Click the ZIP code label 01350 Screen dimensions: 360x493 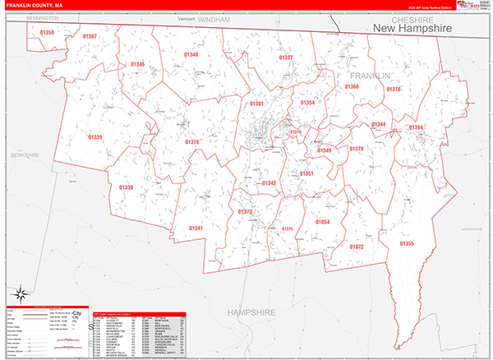tap(47, 32)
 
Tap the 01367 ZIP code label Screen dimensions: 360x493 tap(90, 36)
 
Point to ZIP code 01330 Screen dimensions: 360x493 tap(126, 187)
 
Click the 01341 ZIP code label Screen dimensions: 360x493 tap(196, 228)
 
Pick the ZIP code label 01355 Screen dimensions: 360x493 tap(408, 243)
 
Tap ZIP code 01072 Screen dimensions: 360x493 tap(357, 247)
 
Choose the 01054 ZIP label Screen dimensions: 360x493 tap(322, 223)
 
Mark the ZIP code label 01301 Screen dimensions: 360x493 tap(257, 104)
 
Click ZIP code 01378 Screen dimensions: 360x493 tap(394, 89)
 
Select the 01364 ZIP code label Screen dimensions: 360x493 tap(417, 127)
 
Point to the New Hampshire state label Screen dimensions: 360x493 tap(412, 29)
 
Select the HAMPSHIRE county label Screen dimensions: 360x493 tap(251, 313)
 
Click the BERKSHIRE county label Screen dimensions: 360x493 tap(25, 154)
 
